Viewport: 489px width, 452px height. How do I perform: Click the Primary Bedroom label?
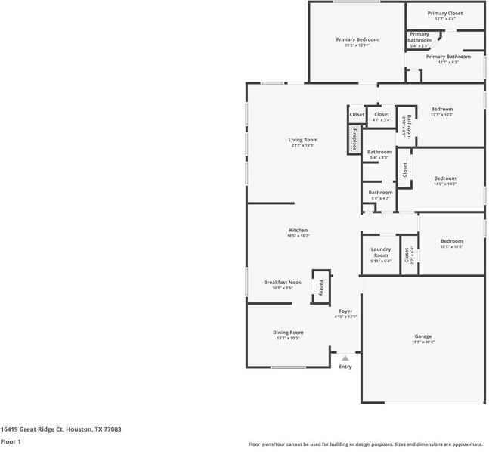[357, 39]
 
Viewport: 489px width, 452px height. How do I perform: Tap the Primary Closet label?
[444, 13]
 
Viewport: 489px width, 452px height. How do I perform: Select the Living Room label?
[302, 139]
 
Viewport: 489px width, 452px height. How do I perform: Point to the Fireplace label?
[354, 140]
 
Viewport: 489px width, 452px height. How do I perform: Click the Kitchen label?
[298, 230]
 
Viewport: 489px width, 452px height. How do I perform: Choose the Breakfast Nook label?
[282, 282]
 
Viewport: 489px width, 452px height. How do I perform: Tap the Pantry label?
[321, 286]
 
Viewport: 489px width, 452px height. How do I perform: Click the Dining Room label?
[288, 332]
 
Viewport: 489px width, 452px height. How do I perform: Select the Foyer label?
[345, 311]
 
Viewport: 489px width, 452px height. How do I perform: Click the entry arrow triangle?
[345, 358]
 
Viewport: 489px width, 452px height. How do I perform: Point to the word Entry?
[345, 367]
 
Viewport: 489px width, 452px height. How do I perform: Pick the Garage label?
[422, 336]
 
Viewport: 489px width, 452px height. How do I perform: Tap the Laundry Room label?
[380, 252]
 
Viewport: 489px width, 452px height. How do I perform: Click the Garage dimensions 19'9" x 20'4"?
[422, 342]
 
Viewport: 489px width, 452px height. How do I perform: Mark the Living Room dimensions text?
[302, 145]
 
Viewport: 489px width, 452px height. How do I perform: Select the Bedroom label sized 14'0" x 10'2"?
[444, 178]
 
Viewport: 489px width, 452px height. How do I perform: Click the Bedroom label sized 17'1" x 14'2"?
[441, 109]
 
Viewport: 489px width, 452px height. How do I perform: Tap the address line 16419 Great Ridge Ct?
[60, 429]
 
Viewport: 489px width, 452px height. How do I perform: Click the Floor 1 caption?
[11, 441]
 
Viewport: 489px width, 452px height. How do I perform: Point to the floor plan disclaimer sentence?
[365, 444]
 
